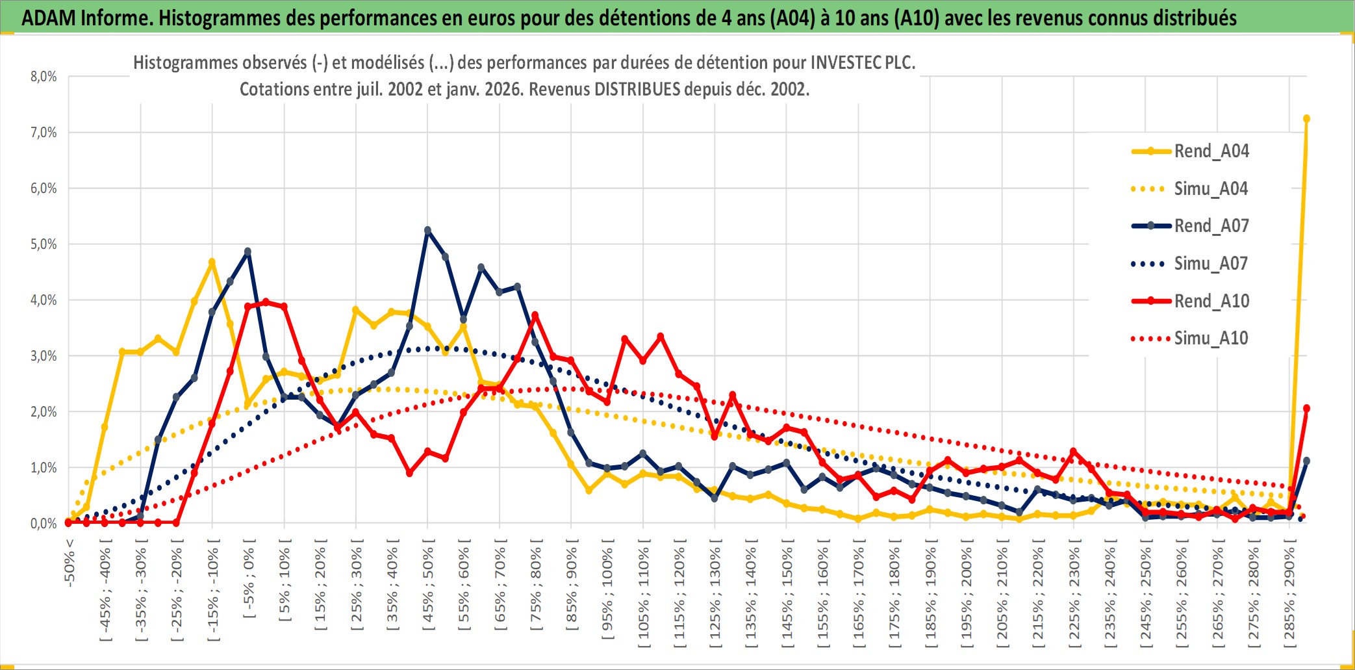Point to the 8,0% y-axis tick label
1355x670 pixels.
(44, 77)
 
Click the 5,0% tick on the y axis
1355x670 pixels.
(44, 244)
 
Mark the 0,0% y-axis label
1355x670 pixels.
(44, 524)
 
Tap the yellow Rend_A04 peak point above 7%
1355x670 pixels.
(1306, 119)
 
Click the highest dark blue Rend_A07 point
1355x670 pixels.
(427, 230)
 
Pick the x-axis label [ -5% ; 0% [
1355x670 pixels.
(249, 582)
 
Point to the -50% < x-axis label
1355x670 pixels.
(70, 563)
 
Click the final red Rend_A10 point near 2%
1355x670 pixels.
(1306, 409)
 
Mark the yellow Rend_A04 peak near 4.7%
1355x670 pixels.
(212, 262)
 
